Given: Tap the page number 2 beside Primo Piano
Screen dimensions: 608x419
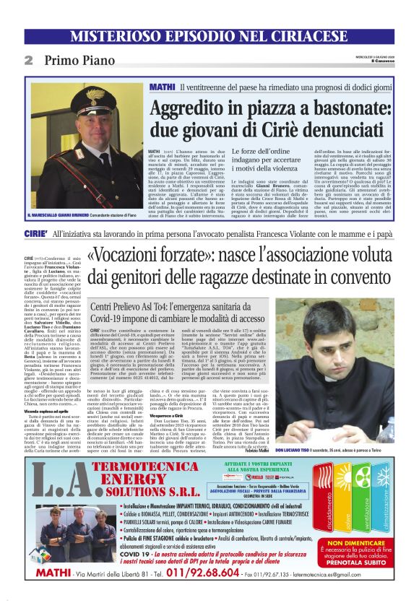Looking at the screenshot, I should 28,61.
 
